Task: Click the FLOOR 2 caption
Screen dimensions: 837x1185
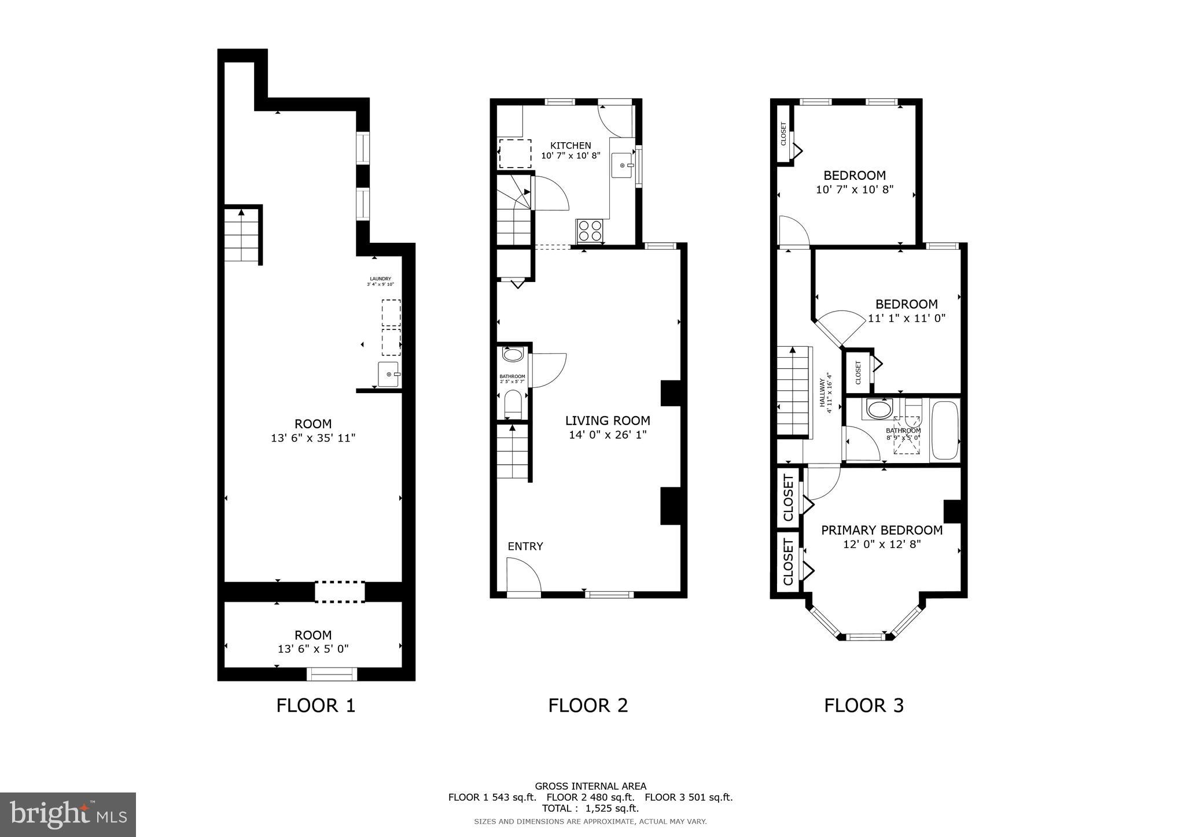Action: click(588, 705)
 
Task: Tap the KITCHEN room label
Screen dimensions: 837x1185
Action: click(571, 146)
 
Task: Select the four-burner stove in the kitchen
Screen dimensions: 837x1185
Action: click(590, 231)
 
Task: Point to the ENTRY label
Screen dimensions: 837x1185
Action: click(525, 546)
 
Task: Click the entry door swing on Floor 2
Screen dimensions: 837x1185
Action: click(522, 575)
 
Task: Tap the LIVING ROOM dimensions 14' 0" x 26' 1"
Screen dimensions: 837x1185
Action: click(608, 435)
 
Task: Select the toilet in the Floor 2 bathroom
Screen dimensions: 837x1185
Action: click(513, 403)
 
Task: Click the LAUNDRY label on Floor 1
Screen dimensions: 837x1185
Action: click(380, 279)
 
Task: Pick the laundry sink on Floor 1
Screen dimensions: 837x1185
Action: click(388, 374)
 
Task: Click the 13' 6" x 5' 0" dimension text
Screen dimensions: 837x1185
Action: click(313, 649)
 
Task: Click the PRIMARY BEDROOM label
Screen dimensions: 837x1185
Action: click(882, 530)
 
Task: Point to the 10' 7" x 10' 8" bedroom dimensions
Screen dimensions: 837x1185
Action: click(855, 190)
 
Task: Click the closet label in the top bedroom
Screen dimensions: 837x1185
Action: click(784, 133)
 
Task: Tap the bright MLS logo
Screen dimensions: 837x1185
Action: click(68, 814)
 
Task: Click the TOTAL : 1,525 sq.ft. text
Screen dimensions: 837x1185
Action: click(590, 809)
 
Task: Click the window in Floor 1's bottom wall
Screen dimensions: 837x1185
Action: click(332, 674)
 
